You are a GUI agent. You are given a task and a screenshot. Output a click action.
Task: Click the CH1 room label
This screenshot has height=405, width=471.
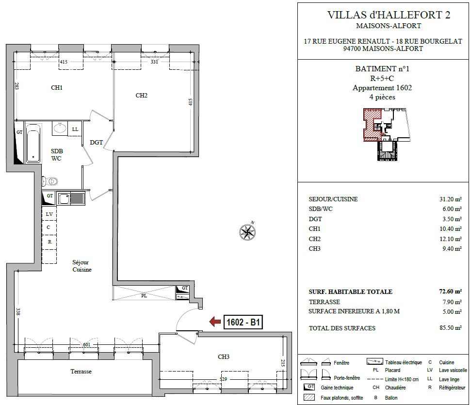57,88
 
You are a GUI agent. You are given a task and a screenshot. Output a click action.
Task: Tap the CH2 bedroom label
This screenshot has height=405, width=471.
142,96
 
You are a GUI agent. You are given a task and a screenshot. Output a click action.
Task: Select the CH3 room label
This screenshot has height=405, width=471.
224,357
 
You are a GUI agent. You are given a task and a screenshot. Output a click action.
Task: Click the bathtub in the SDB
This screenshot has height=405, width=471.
33,143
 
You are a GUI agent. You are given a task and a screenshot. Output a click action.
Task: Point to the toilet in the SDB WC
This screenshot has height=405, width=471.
50,181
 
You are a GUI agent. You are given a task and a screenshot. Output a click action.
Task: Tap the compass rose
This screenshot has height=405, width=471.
247,232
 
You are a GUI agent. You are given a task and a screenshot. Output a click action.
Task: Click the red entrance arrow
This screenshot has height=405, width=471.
215,322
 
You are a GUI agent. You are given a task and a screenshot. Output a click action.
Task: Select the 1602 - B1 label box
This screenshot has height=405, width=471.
243,323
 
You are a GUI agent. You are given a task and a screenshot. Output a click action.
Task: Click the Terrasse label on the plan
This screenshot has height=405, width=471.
81,372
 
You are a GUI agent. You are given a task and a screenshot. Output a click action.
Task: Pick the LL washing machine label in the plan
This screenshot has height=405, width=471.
75,129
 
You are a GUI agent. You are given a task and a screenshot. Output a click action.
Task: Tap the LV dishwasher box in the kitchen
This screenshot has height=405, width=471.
49,214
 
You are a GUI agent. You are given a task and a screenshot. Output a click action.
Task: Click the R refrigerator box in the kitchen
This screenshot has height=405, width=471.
49,242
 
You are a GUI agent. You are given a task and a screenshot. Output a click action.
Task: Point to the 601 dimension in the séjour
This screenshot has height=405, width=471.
86,344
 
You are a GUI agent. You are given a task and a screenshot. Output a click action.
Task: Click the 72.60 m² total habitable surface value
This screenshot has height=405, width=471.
450,292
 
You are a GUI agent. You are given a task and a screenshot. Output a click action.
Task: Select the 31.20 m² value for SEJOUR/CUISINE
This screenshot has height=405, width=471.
451,199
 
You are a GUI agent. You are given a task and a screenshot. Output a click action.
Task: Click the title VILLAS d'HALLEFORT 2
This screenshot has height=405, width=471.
389,15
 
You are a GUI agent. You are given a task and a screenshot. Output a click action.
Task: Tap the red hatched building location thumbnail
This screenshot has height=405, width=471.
373,125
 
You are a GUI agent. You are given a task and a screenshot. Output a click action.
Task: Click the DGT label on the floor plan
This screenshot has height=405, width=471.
97,143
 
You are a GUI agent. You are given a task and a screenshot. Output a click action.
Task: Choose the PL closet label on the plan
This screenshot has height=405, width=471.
144,296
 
